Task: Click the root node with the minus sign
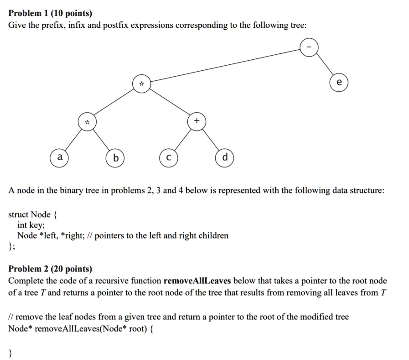tap(309, 47)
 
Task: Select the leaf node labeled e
tap(339, 83)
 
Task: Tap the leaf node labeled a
tap(59, 158)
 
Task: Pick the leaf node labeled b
tap(115, 158)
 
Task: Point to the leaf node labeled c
tap(169, 158)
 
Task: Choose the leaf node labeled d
tap(225, 158)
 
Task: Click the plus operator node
tap(197, 121)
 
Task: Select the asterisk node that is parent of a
tap(87, 122)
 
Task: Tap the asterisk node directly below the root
tap(142, 83)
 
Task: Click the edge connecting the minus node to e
tap(325, 64)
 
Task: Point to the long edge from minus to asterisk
tap(225, 65)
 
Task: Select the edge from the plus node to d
tap(211, 140)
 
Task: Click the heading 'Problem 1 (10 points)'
tap(50, 13)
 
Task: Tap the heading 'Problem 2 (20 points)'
tap(50, 269)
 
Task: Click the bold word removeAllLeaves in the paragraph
tap(197, 281)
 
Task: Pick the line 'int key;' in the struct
tap(31, 225)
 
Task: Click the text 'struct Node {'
tap(33, 214)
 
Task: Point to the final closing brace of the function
tap(10, 353)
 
